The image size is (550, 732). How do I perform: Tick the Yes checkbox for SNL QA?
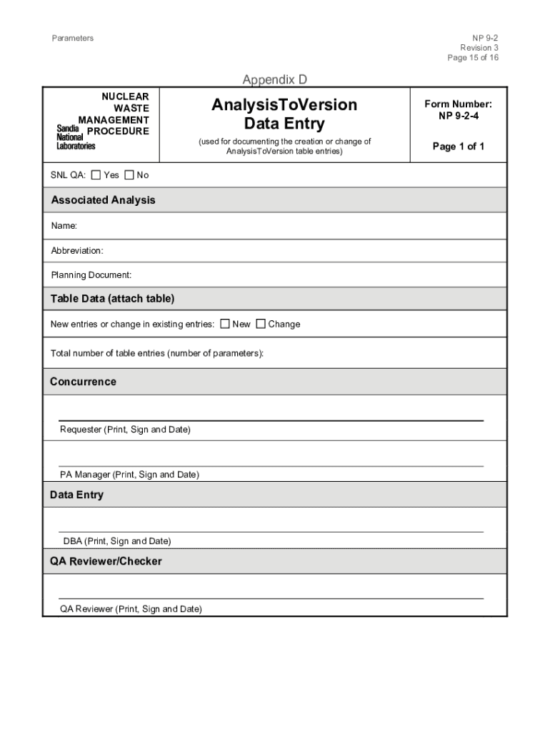(96, 175)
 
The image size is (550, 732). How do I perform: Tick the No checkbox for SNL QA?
(129, 175)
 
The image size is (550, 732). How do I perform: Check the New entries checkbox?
(225, 324)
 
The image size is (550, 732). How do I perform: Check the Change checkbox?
(261, 324)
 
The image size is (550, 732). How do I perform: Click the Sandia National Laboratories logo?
(76, 136)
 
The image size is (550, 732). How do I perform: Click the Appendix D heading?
(275, 79)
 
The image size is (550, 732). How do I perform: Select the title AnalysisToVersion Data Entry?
(284, 114)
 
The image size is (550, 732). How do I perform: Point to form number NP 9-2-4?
(459, 109)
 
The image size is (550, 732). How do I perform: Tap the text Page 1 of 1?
(459, 147)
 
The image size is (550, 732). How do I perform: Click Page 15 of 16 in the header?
(473, 58)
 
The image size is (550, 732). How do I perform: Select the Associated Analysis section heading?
(103, 200)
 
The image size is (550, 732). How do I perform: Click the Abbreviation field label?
(77, 251)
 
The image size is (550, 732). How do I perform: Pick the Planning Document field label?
(91, 275)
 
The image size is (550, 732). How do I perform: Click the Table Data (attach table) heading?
(112, 298)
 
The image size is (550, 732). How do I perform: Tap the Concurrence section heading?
(83, 382)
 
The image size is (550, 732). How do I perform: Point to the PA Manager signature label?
(129, 475)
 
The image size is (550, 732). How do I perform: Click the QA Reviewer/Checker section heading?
(106, 561)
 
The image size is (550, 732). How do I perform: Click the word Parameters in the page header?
(72, 38)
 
